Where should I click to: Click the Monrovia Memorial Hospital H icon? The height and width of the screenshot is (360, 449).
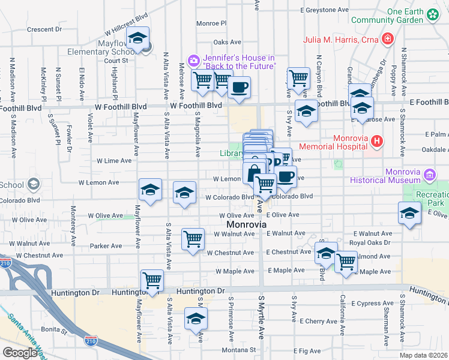376,142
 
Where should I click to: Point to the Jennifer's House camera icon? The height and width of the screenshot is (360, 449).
194,60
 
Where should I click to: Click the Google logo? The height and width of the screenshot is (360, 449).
20,353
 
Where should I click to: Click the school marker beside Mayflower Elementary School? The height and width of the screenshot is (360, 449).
137,38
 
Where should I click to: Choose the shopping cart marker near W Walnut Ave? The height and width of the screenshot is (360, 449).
193,239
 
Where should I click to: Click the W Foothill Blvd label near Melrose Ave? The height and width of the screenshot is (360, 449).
196,105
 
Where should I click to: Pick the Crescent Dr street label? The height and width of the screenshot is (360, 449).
45,29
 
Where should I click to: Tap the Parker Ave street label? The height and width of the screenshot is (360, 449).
106,246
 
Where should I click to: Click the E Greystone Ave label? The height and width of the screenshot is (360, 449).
324,10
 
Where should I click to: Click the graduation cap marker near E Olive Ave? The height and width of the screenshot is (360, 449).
409,214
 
